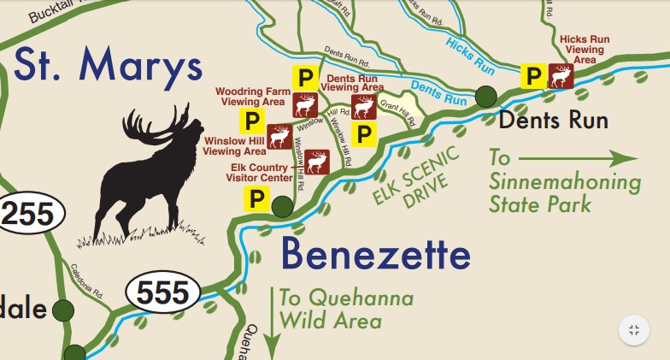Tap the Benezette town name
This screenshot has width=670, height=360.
(x=375, y=255)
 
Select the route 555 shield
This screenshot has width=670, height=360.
(x=163, y=293)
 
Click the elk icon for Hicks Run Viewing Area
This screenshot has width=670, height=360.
(x=561, y=76)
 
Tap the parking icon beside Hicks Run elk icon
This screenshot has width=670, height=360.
(x=533, y=76)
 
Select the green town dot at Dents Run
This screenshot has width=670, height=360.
(x=486, y=96)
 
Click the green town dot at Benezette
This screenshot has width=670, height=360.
(x=282, y=205)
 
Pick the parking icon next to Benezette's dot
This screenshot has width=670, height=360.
(x=256, y=200)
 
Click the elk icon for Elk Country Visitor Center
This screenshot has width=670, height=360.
(x=317, y=162)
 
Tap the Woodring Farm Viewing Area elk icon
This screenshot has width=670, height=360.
(x=305, y=105)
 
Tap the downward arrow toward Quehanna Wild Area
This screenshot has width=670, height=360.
(x=272, y=325)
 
